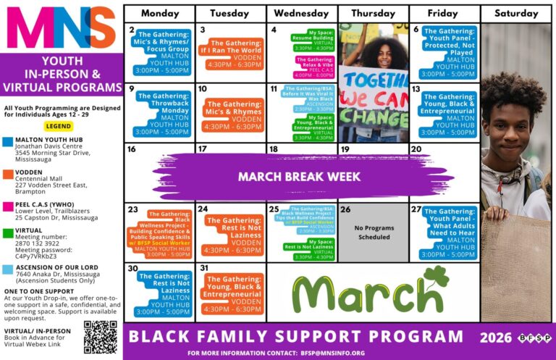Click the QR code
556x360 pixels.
click(x=100, y=338)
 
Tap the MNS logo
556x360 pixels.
click(x=61, y=28)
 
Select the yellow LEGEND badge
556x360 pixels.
click(x=59, y=125)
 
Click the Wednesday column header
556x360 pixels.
click(x=302, y=13)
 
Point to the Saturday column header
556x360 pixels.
click(x=517, y=13)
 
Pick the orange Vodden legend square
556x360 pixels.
click(x=7, y=173)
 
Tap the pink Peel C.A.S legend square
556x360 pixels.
click(x=7, y=205)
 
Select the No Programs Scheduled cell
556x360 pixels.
click(x=374, y=233)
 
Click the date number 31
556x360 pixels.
click(x=205, y=269)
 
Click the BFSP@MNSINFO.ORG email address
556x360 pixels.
click(x=332, y=353)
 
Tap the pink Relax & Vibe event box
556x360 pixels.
click(x=314, y=67)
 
